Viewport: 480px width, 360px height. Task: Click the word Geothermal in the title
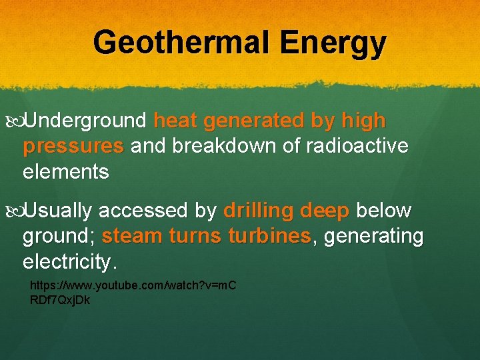click(x=182, y=42)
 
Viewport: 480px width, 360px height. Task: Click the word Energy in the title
click(x=333, y=42)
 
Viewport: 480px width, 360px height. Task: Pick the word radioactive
click(x=367, y=146)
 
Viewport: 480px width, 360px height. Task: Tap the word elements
click(x=65, y=171)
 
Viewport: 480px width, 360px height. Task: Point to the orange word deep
click(x=325, y=211)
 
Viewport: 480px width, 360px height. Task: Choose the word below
click(x=384, y=211)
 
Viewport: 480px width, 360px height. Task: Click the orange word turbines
click(x=269, y=236)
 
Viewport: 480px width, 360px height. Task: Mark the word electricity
click(x=69, y=261)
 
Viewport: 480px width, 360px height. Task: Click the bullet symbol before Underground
click(x=17, y=121)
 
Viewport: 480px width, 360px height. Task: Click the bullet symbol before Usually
click(x=17, y=211)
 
